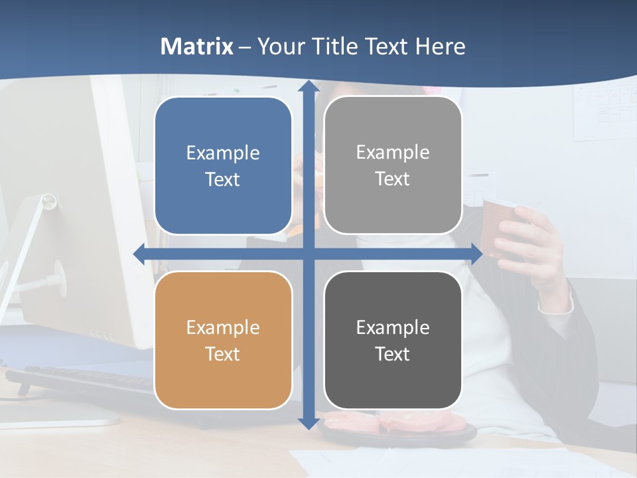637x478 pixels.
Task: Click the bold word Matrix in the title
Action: click(x=196, y=46)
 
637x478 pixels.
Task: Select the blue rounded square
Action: click(x=223, y=166)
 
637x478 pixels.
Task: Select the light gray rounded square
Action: click(x=393, y=165)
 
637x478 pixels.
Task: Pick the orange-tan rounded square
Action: click(x=223, y=340)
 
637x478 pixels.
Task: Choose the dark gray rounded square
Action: click(x=393, y=340)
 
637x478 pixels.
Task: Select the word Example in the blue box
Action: click(x=223, y=153)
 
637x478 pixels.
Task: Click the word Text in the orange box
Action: click(x=223, y=354)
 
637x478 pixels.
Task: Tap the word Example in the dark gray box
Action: click(x=393, y=327)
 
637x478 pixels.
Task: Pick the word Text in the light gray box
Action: click(x=393, y=179)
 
